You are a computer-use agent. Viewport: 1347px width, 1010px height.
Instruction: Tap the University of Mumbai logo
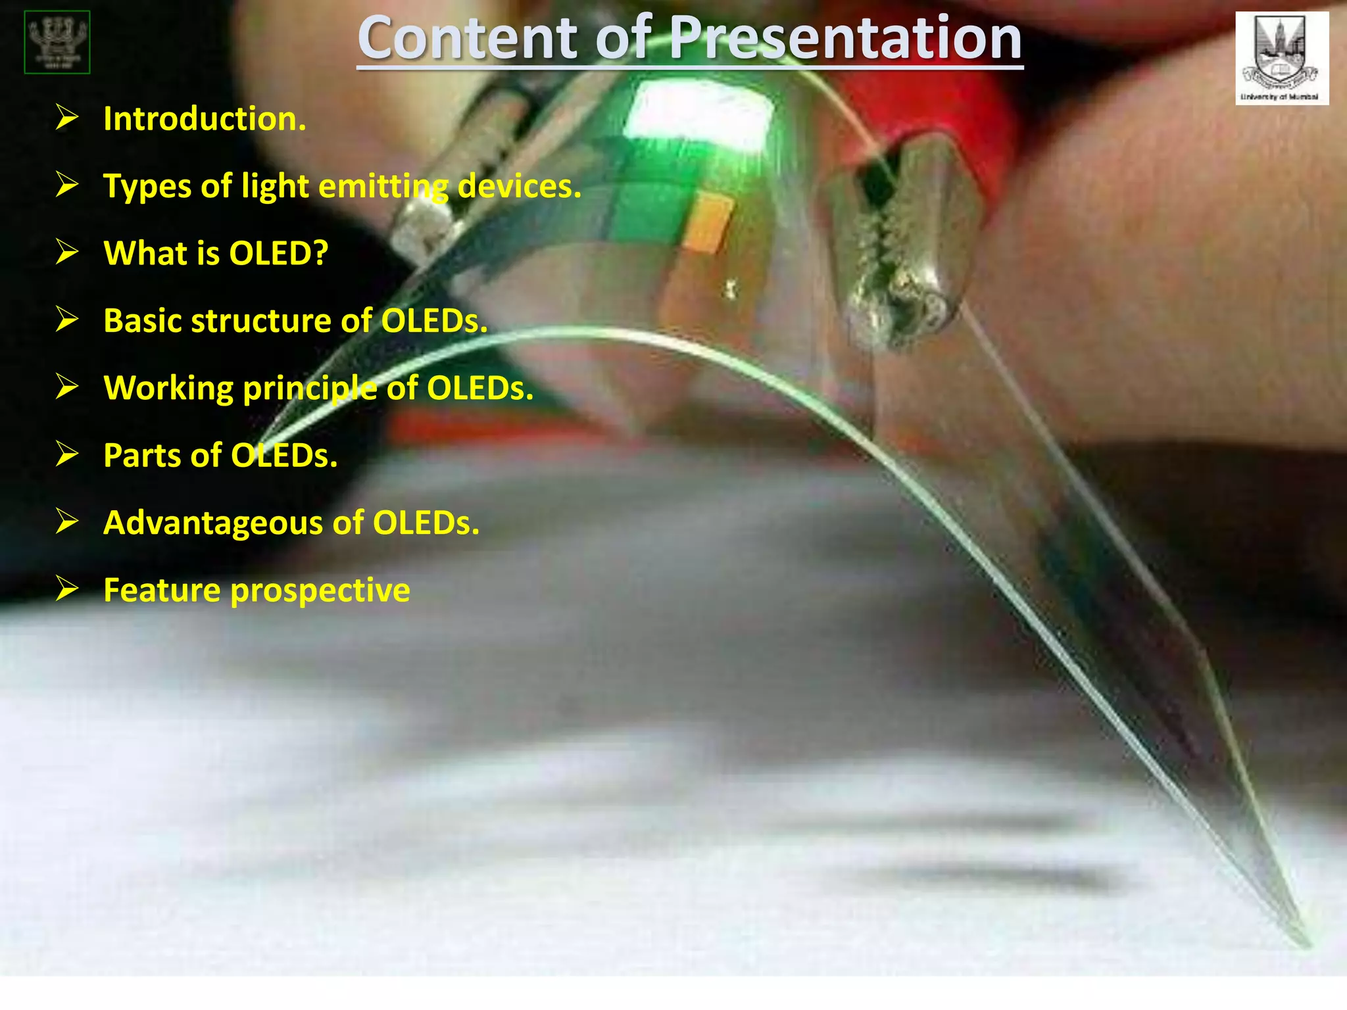click(x=1281, y=58)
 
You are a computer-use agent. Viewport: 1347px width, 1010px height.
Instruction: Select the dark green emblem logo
click(x=57, y=42)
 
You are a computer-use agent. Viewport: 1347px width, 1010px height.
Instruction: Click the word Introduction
click(x=205, y=119)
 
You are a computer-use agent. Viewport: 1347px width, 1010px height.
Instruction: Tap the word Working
click(x=168, y=389)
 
